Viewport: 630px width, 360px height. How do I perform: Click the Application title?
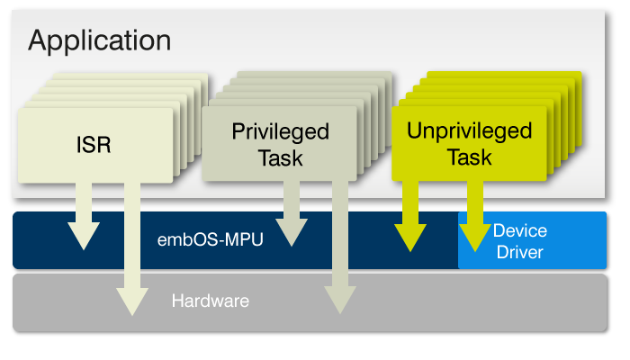point(99,40)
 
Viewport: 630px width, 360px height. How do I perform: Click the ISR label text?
point(93,144)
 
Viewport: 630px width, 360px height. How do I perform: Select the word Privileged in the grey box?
point(280,131)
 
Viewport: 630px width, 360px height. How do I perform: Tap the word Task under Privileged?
point(280,158)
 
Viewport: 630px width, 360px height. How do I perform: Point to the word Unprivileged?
point(469,130)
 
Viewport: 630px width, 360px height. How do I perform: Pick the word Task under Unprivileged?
point(469,157)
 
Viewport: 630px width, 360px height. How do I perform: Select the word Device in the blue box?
point(519,231)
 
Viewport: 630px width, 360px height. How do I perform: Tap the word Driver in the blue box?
point(519,252)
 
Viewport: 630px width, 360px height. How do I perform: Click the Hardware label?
point(210,301)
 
